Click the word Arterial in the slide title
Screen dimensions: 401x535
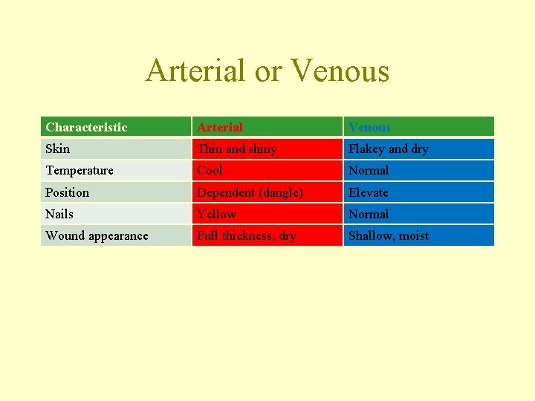coord(195,71)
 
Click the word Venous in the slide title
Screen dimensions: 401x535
coord(340,71)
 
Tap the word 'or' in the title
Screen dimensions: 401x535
coord(267,71)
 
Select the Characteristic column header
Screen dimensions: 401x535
coord(86,127)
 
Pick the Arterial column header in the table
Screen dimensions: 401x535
coord(220,127)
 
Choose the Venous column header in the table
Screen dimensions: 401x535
coord(369,127)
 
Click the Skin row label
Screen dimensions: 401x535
coord(58,149)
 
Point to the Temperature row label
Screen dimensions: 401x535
coord(80,170)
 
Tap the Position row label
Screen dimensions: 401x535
coord(67,192)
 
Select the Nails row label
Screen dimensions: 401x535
coord(59,214)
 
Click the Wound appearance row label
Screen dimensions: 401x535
coord(97,235)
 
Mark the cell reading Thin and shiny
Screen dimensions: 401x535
coord(237,149)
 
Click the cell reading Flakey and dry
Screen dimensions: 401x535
coord(389,149)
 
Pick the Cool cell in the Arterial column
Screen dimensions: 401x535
coord(210,170)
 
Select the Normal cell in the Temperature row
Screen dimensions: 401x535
coord(369,170)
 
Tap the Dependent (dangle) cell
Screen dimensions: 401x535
coord(250,192)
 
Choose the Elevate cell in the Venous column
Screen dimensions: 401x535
coord(369,192)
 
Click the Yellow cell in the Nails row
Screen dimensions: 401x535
coord(216,214)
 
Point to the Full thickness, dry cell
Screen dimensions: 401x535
coord(246,235)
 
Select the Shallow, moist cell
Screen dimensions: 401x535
coord(389,235)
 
